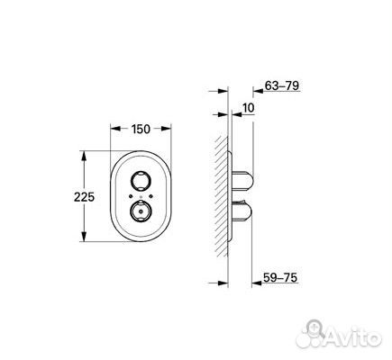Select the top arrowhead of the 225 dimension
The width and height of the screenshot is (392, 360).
click(x=85, y=155)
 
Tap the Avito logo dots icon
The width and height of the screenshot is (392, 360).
click(x=317, y=333)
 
